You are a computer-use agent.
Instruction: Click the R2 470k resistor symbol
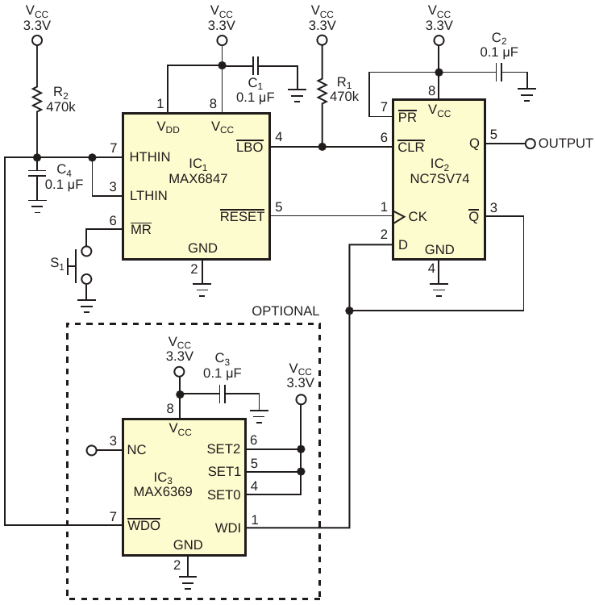pos(37,98)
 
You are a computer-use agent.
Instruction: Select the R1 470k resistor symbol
pos(322,90)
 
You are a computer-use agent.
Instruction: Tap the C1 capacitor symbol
pos(256,65)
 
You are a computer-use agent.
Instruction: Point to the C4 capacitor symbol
pos(37,173)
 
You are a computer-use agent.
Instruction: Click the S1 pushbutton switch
pos(80,265)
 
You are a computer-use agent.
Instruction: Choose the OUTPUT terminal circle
pos(531,144)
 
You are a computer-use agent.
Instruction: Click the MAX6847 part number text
pos(198,178)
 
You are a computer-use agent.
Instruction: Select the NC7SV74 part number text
pos(439,178)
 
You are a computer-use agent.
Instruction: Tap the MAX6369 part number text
pos(163,491)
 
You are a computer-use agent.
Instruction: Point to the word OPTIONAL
pos(285,311)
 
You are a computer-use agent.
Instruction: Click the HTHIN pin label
pos(150,157)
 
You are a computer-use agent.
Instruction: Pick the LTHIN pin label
pos(148,196)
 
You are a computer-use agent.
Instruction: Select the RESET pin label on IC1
pos(242,216)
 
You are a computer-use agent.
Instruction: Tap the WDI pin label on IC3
pos(228,528)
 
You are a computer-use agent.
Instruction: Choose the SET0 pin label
pos(223,494)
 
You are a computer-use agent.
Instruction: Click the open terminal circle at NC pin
pos(91,450)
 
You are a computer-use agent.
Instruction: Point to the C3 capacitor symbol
pos(222,394)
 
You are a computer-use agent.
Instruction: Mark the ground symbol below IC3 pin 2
pos(187,582)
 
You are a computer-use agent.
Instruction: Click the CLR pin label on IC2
pos(411,146)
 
